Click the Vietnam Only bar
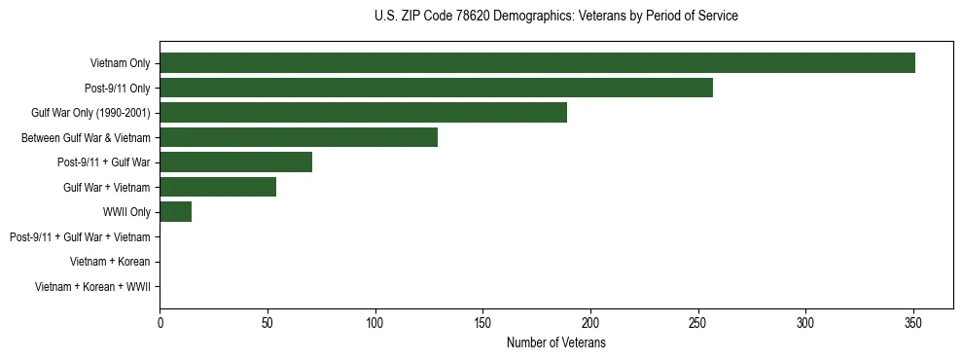(x=537, y=63)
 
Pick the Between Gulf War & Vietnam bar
(x=299, y=137)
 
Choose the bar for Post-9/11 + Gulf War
(x=235, y=162)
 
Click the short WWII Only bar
(x=175, y=212)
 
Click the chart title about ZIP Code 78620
(x=555, y=17)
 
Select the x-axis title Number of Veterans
(x=555, y=343)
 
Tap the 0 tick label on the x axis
(x=160, y=324)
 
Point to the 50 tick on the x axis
(x=267, y=324)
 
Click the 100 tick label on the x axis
(x=374, y=324)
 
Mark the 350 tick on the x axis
(x=912, y=324)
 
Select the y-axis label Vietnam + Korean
(x=110, y=262)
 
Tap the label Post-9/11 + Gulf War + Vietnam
(x=80, y=237)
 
